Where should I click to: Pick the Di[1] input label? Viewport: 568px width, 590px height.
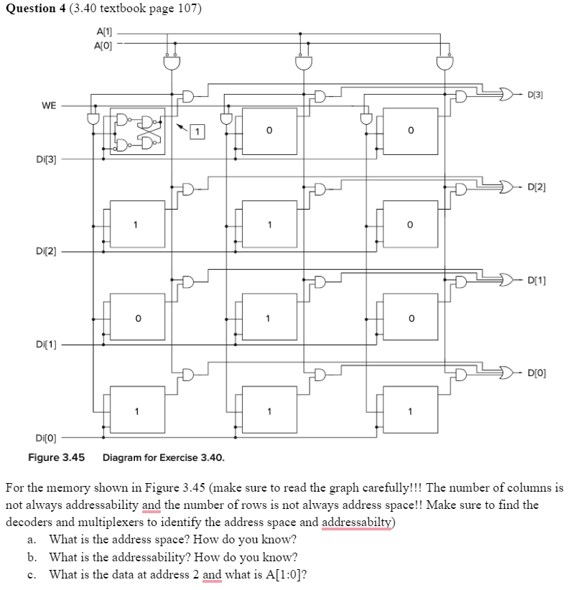(46, 345)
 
